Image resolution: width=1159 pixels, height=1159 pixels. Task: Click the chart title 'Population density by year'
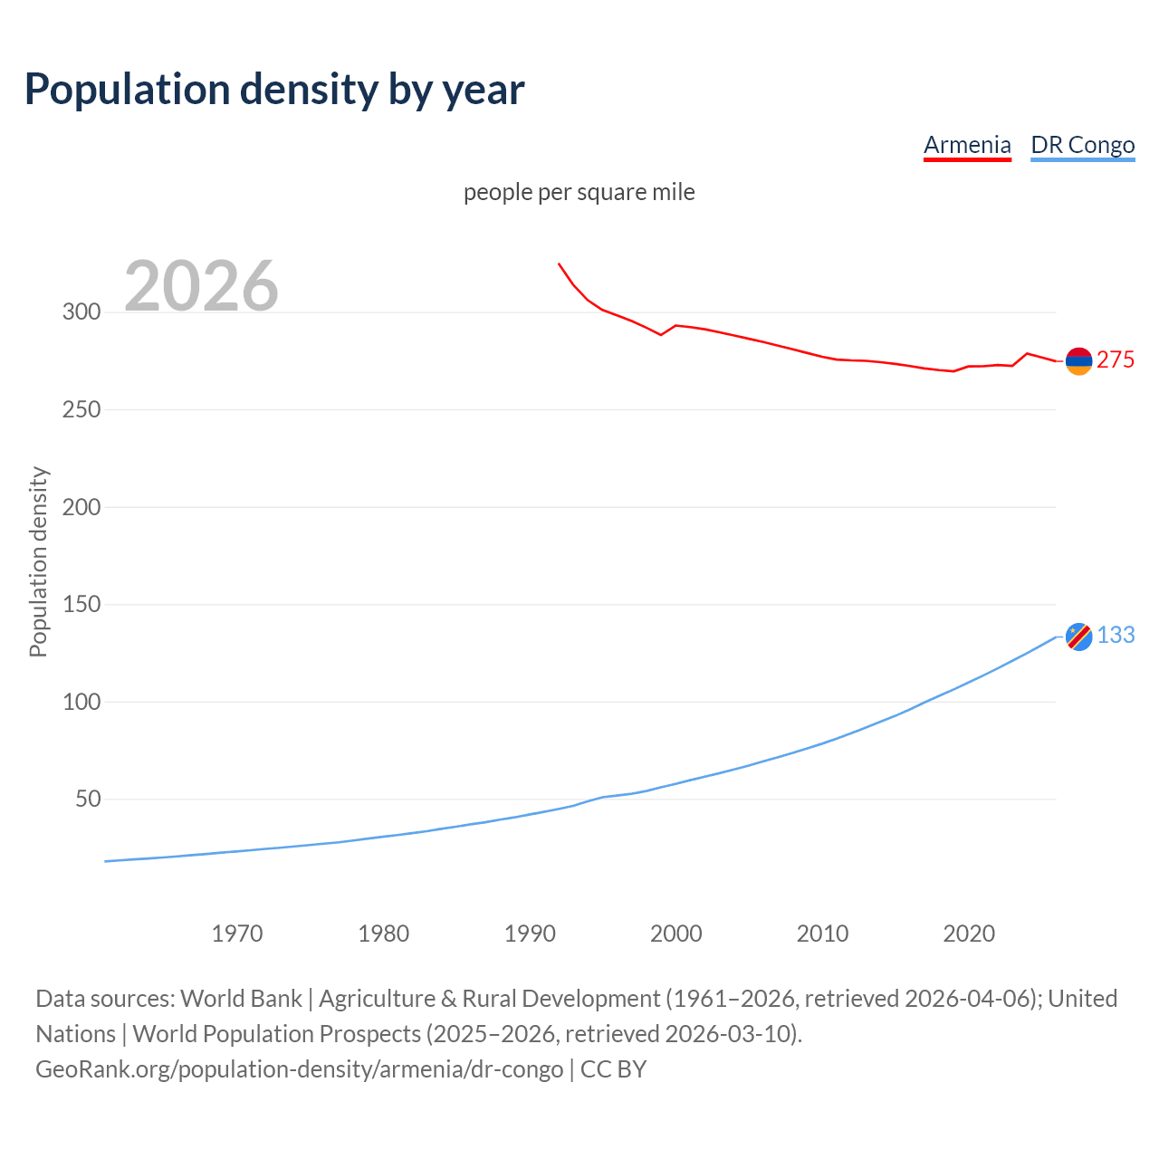pos(274,89)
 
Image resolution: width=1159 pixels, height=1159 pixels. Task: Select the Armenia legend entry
pos(967,145)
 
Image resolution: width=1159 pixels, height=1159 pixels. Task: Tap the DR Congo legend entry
pos(1082,145)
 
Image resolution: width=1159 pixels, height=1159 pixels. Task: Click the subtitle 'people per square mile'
pos(579,192)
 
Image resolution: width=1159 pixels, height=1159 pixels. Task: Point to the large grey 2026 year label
pos(201,286)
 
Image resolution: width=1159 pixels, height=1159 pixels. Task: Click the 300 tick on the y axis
pos(81,312)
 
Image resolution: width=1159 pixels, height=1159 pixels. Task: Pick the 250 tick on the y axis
pos(81,409)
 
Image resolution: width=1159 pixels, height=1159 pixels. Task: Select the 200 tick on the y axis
pos(81,507)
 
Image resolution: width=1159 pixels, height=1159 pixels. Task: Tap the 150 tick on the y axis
pos(81,604)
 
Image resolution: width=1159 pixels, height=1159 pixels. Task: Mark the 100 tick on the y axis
pos(81,702)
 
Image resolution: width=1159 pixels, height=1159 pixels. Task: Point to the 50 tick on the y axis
pos(88,799)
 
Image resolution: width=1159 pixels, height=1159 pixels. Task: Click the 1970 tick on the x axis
pos(237,934)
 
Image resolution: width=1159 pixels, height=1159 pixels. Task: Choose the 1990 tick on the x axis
pos(530,934)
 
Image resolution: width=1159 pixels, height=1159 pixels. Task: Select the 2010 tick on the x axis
pos(822,934)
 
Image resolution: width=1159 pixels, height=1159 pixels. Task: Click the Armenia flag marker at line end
pos(1078,361)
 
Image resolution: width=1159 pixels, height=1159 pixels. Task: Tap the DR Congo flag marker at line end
pos(1078,637)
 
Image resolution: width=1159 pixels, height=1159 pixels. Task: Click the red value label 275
pos(1116,359)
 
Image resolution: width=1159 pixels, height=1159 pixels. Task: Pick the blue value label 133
pos(1116,636)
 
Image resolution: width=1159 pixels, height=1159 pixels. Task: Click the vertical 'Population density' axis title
pos(38,561)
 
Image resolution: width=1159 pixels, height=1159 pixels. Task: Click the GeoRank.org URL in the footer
pos(299,1069)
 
